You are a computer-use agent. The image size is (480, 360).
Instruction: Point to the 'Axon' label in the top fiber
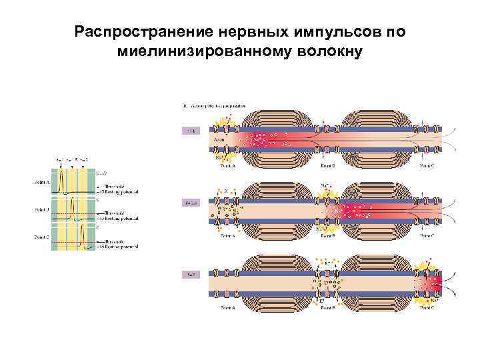[219, 141]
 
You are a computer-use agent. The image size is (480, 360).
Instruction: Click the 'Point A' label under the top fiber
[228, 165]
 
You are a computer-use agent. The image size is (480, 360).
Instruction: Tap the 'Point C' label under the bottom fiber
[427, 308]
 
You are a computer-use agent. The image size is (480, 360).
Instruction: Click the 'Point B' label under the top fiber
[328, 165]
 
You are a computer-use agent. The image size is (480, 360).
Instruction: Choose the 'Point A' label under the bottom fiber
[228, 308]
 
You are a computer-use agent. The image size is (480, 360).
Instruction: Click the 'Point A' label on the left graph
[41, 181]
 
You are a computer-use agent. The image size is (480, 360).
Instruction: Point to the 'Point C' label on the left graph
[41, 237]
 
